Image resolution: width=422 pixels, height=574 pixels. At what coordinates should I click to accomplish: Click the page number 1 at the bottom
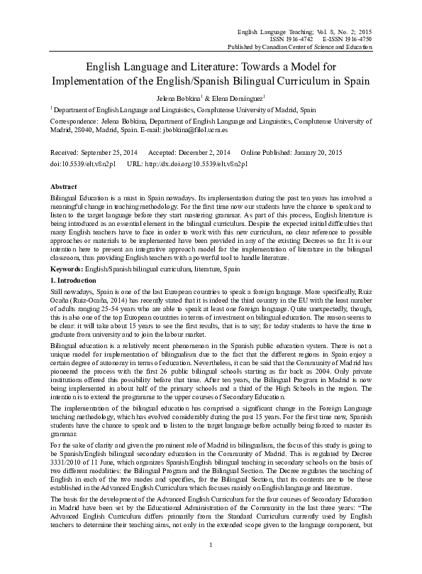click(x=211, y=564)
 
